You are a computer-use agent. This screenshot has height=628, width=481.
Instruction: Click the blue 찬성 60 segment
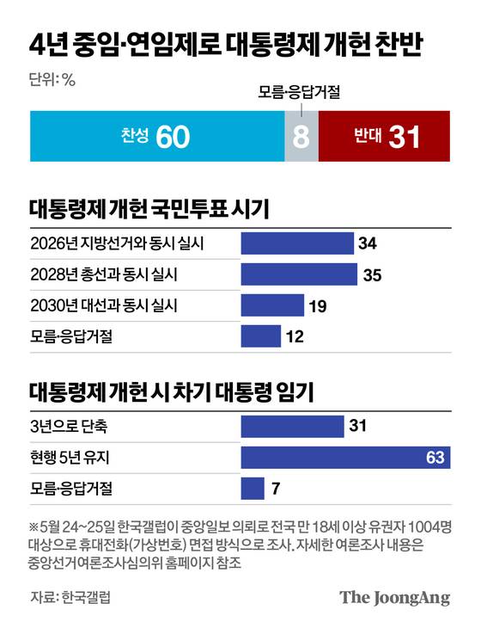tap(157, 136)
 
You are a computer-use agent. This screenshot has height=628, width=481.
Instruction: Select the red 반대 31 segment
tap(384, 136)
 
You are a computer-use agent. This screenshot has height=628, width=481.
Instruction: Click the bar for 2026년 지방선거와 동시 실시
tap(297, 243)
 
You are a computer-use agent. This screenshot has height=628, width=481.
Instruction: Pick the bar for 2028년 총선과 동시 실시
tap(298, 274)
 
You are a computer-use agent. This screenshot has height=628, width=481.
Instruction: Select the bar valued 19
tap(272, 305)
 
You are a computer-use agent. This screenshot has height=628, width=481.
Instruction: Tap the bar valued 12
tap(260, 336)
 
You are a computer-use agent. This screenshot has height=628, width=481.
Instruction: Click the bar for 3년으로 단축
tap(292, 426)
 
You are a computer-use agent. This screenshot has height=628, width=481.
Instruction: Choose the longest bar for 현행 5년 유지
tap(345, 457)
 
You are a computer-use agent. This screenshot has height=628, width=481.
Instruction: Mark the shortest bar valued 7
tap(253, 489)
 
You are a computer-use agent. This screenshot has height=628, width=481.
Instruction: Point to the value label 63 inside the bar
tap(435, 458)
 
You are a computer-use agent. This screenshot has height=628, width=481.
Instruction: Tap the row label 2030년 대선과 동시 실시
tap(104, 305)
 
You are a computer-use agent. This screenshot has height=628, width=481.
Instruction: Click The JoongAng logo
tap(394, 598)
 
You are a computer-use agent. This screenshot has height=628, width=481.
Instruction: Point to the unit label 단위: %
tap(53, 80)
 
